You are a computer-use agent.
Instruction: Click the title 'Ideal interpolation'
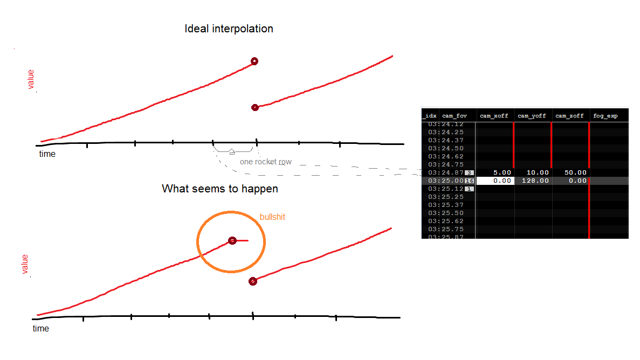[x=229, y=29]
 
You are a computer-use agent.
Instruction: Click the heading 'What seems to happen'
[x=220, y=189]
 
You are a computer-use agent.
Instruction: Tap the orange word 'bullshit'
[x=272, y=217]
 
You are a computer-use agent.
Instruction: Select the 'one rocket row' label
[x=266, y=162]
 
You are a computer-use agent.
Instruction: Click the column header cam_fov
[x=455, y=116]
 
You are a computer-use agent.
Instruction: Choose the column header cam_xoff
[x=494, y=116]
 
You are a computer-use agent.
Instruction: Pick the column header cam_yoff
[x=532, y=116]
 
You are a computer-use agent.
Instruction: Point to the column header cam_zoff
[x=569, y=116]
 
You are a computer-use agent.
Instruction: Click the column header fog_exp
[x=605, y=116]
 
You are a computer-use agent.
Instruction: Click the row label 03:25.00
[x=446, y=181]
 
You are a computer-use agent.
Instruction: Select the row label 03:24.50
[x=446, y=148]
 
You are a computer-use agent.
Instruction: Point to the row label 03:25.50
[x=446, y=213]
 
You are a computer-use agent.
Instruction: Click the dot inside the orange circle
[x=232, y=240]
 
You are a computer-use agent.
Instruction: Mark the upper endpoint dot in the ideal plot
[x=254, y=61]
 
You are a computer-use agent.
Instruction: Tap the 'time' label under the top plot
[x=47, y=154]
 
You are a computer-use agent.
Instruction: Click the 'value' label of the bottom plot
[x=25, y=264]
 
